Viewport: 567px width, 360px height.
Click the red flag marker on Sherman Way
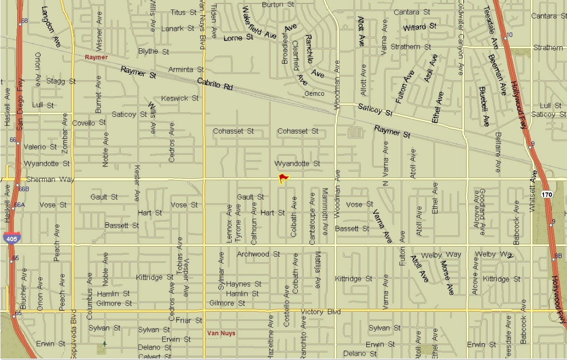(283, 179)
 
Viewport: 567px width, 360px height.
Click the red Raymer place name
(96, 57)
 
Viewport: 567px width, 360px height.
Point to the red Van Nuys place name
(221, 333)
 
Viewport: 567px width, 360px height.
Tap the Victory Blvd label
(320, 312)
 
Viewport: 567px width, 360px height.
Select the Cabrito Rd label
(215, 85)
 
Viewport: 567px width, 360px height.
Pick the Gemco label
(314, 94)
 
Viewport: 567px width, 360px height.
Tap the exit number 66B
(24, 189)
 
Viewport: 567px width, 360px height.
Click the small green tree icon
(105, 344)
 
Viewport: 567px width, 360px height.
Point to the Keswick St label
(180, 98)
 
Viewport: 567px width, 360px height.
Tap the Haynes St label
(244, 284)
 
